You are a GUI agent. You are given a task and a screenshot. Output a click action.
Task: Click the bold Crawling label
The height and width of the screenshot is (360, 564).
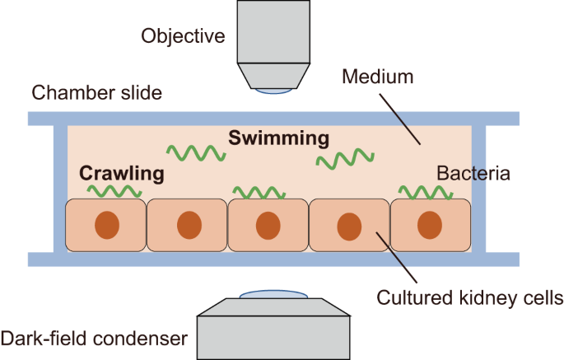(121, 174)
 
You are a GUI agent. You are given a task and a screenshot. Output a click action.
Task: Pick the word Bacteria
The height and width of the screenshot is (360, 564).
(473, 174)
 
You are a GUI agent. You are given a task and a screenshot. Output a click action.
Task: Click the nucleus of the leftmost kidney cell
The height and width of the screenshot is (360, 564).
(105, 225)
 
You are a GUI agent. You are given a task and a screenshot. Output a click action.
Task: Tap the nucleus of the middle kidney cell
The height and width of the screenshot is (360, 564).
(267, 225)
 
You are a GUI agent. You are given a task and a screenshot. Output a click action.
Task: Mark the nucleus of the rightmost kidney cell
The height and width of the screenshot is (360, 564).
(429, 225)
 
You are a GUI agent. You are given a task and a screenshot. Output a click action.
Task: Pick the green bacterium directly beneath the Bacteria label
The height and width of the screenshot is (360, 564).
(426, 192)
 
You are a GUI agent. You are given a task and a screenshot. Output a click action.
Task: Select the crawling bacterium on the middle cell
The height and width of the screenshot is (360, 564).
(259, 193)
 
